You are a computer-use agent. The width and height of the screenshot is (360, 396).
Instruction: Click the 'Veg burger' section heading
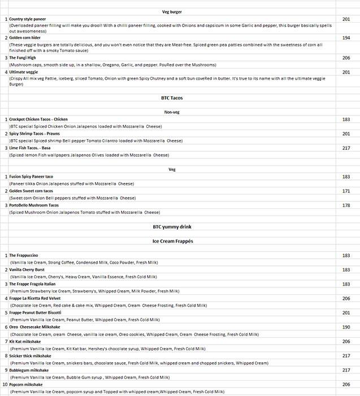coord(172,11)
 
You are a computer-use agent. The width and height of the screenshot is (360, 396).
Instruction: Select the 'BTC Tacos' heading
coord(172,98)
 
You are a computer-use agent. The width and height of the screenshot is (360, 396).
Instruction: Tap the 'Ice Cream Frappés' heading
coord(172,241)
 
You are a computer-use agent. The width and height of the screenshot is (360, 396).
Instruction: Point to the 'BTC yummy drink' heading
coord(172,226)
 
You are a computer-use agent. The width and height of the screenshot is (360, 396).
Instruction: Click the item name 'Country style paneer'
coord(28,19)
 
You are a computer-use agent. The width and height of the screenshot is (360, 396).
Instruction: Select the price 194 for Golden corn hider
coord(346,37)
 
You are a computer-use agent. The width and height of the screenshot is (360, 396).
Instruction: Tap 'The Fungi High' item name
coord(23,58)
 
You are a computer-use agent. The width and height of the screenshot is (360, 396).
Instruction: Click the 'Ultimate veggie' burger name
coord(24,72)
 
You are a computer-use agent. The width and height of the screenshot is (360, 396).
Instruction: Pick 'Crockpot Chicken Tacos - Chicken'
coord(38,119)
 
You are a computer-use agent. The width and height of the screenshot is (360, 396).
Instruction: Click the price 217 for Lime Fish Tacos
coord(346,148)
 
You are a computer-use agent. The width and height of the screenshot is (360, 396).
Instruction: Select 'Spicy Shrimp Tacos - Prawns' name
coord(34,134)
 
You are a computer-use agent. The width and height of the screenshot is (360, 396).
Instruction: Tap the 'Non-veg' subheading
coord(172,112)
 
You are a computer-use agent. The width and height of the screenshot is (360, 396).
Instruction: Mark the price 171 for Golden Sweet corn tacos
coord(346,191)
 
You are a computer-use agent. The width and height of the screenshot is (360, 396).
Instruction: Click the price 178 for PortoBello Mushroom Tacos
coord(346,205)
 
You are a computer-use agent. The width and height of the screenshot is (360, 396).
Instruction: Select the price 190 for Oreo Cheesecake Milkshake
coord(346,327)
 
